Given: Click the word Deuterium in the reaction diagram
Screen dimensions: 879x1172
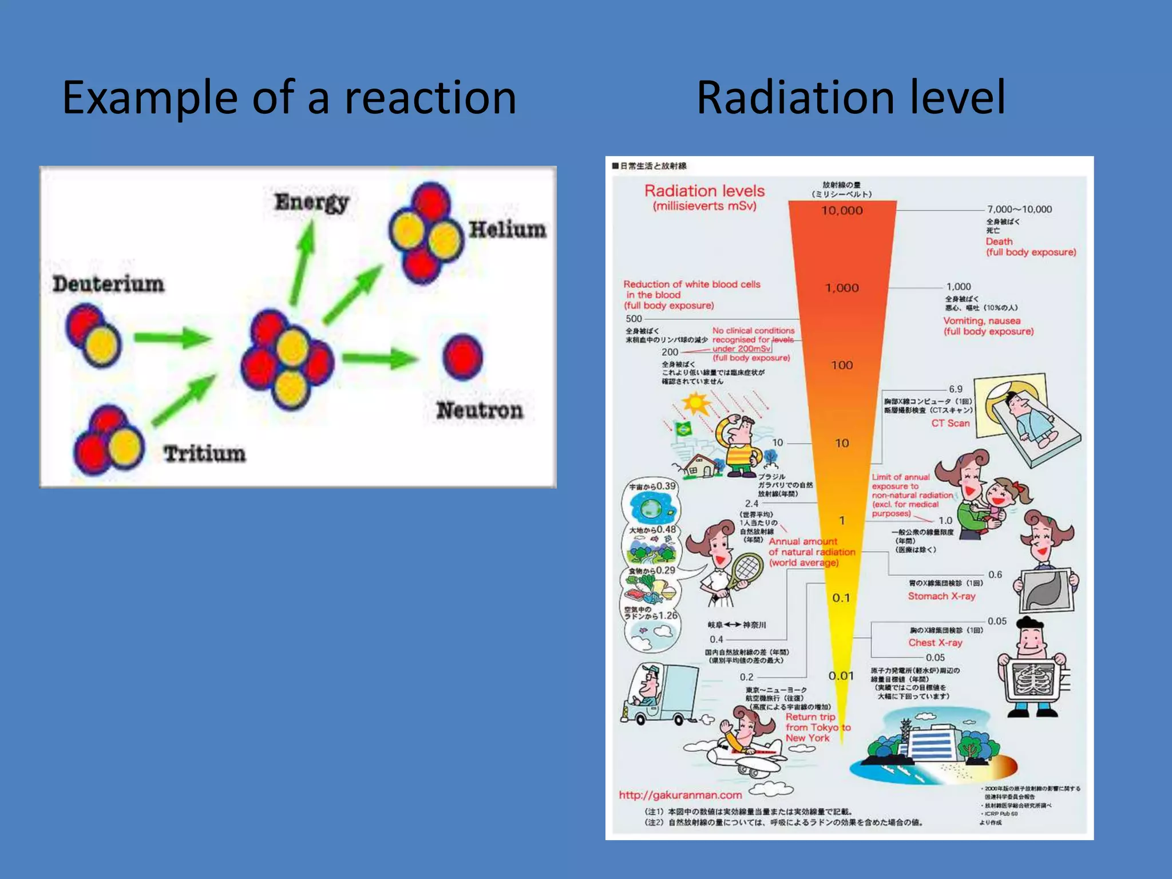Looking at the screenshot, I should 109,284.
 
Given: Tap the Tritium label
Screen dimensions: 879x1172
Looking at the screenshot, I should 204,453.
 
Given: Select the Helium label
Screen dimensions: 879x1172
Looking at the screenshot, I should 507,229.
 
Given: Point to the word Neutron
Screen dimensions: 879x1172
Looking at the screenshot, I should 480,410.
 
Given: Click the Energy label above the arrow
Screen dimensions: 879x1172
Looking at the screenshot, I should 312,202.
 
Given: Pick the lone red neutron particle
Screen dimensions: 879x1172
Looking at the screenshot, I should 462,357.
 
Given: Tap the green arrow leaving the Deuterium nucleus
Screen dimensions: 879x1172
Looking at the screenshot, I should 171,338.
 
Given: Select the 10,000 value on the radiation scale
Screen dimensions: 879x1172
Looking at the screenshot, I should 842,211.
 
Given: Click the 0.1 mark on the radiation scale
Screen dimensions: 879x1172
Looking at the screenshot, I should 841,598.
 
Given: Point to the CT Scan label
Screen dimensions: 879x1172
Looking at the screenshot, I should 950,423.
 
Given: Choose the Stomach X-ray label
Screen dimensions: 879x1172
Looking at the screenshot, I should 941,596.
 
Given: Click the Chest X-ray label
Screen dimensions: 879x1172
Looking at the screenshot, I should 935,643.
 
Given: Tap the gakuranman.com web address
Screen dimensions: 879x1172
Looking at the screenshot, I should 680,795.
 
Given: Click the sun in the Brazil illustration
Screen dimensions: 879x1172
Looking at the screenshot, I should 696,403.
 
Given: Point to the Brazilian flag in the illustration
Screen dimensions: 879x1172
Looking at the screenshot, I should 683,429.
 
